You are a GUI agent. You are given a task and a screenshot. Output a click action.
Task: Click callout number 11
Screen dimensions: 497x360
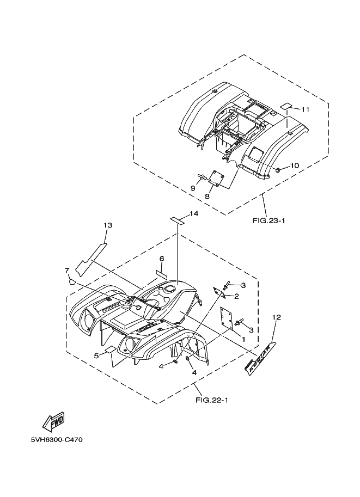pyautogui.click(x=305, y=109)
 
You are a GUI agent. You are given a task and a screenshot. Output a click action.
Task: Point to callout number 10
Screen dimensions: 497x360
pyautogui.click(x=294, y=165)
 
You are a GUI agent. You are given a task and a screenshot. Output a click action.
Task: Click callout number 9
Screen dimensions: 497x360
pyautogui.click(x=192, y=188)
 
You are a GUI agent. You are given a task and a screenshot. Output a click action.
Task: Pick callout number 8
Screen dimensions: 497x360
pyautogui.click(x=208, y=196)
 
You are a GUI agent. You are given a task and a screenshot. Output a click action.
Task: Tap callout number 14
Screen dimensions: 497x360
pyautogui.click(x=194, y=213)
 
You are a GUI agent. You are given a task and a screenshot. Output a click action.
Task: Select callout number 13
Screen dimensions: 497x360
pyautogui.click(x=107, y=225)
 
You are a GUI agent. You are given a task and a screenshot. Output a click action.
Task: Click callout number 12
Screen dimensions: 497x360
pyautogui.click(x=277, y=317)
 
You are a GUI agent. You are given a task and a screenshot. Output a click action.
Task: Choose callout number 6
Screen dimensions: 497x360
pyautogui.click(x=162, y=259)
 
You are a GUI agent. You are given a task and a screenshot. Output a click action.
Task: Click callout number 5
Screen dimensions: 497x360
pyautogui.click(x=97, y=355)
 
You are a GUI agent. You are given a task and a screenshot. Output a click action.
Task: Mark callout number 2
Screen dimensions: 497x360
pyautogui.click(x=236, y=296)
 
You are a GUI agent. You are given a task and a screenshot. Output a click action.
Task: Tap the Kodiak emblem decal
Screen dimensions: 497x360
pyautogui.click(x=259, y=360)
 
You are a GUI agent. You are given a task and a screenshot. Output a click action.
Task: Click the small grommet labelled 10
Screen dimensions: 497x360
pyautogui.click(x=278, y=170)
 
